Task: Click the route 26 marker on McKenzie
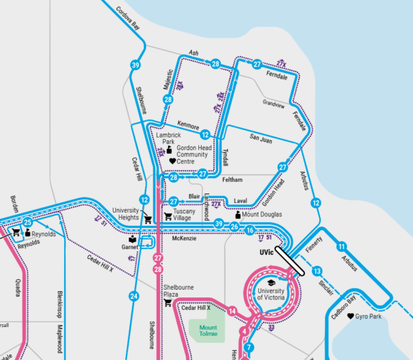click(234, 227)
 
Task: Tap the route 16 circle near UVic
click(250, 229)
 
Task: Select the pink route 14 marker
click(233, 311)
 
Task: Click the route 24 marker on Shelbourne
click(134, 297)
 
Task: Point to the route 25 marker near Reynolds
click(28, 222)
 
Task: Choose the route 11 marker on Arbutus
click(341, 246)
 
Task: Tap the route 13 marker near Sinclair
click(317, 271)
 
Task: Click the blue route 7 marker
click(249, 348)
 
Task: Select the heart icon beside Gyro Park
click(351, 317)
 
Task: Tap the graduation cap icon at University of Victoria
click(271, 283)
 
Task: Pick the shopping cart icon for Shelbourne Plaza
click(168, 303)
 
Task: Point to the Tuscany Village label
click(184, 215)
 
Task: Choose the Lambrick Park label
click(162, 138)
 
